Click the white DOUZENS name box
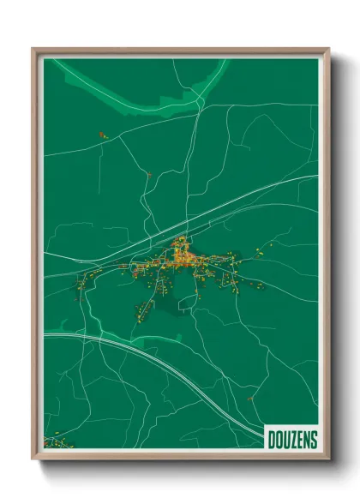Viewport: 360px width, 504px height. point(291,440)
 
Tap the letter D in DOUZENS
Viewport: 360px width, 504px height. point(272,441)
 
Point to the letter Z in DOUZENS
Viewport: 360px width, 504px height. point(293,441)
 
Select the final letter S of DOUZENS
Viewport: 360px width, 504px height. point(314,441)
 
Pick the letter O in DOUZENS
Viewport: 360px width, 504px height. point(279,441)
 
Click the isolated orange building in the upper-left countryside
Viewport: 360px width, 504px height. point(101,135)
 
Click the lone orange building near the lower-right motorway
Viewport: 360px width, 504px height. point(249,398)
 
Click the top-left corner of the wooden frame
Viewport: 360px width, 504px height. point(34,50)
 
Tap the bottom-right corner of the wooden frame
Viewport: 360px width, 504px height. point(328,459)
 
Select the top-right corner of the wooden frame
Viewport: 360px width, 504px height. point(328,50)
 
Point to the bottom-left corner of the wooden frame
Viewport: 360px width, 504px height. point(34,459)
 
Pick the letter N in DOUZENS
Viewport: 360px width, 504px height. point(307,441)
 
